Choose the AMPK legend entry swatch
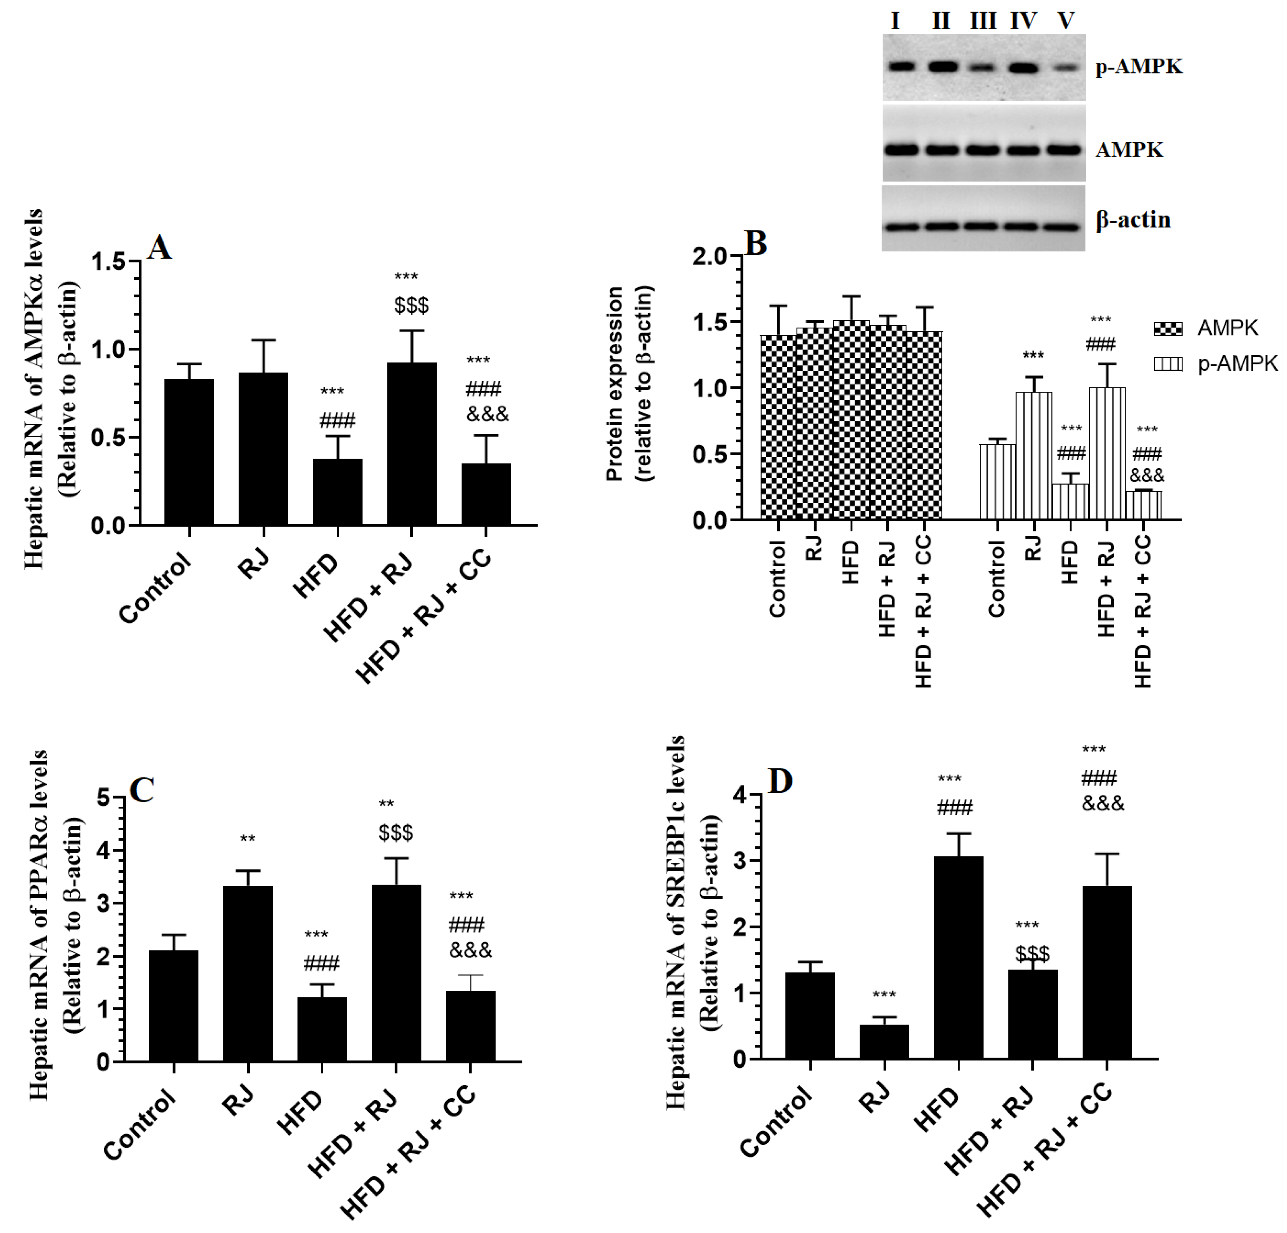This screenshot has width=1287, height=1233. tap(1168, 328)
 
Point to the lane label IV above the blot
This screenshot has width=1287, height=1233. tap(1023, 22)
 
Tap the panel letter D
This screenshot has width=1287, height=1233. tap(780, 781)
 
